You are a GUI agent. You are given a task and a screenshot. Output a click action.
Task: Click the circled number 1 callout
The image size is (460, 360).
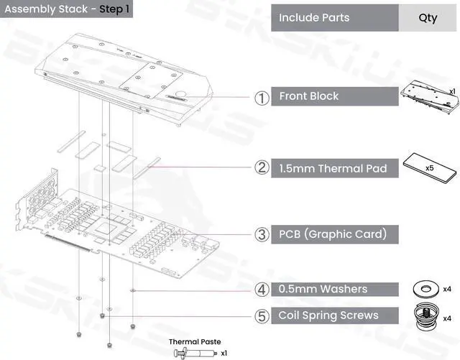(262, 98)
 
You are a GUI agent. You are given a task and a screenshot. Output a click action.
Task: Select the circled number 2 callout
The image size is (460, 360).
(262, 167)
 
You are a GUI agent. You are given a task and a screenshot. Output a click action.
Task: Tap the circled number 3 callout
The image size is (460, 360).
(262, 234)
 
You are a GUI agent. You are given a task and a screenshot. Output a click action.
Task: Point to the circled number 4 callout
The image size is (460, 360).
(262, 290)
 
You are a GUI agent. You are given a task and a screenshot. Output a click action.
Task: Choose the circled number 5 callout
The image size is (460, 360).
(262, 316)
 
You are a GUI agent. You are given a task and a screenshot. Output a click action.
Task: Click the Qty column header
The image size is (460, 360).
(428, 18)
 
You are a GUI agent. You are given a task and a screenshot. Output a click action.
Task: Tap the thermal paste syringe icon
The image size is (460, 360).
(195, 352)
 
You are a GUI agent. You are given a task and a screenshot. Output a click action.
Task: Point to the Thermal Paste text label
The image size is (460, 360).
(195, 341)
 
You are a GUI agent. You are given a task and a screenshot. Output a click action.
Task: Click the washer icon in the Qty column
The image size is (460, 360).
(425, 290)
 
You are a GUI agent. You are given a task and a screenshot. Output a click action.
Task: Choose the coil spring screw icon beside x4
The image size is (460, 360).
(426, 317)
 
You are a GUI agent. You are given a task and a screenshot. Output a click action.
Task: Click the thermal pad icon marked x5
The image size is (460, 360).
(430, 168)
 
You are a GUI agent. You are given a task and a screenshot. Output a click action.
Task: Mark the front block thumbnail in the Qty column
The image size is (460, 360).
(429, 98)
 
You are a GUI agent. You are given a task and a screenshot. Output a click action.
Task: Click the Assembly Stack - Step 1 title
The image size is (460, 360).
(67, 9)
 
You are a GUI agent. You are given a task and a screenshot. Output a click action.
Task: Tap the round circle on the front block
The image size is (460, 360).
(180, 95)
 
